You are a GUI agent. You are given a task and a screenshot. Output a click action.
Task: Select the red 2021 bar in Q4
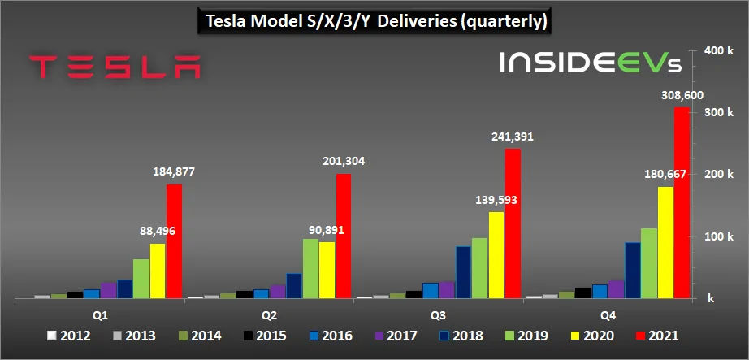point(682,203)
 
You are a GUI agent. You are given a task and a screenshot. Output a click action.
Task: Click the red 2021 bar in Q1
point(174,241)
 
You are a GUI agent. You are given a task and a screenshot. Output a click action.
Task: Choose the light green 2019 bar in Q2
point(310,269)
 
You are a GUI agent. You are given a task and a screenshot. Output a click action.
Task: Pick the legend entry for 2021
point(656,335)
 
